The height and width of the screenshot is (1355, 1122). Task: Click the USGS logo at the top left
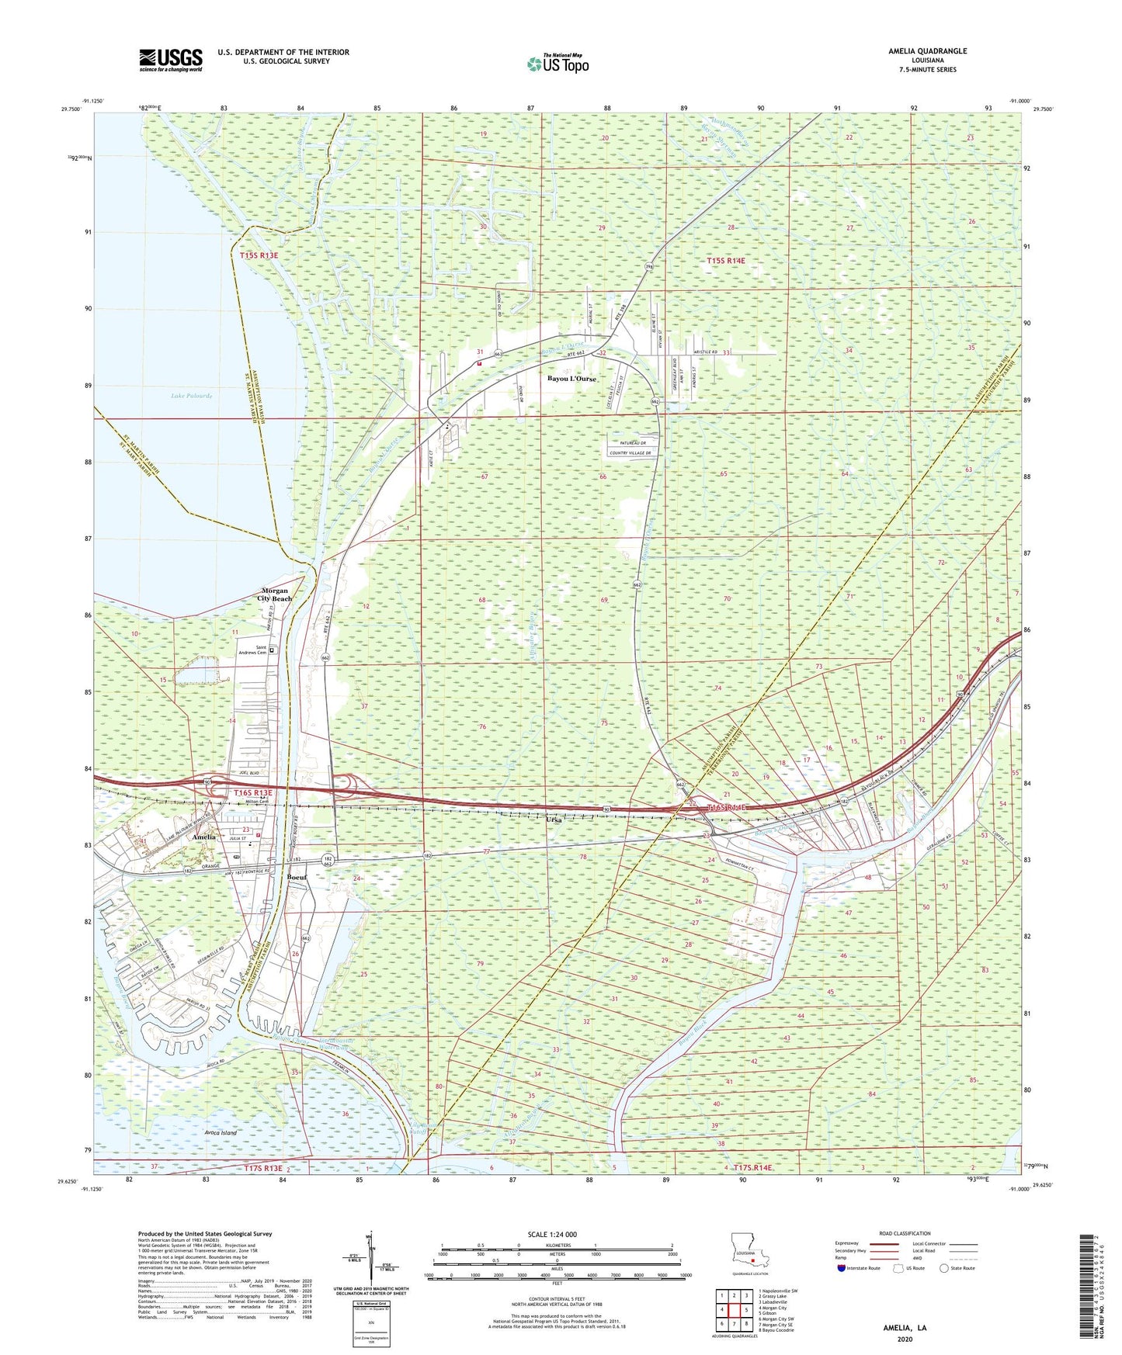click(170, 60)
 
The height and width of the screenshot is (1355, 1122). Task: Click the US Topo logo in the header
click(557, 64)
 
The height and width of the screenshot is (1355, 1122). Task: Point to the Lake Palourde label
click(191, 396)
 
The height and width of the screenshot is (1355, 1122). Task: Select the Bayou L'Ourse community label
click(572, 379)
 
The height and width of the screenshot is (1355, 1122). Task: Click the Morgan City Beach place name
click(276, 594)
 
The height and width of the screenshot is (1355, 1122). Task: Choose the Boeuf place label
click(298, 877)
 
